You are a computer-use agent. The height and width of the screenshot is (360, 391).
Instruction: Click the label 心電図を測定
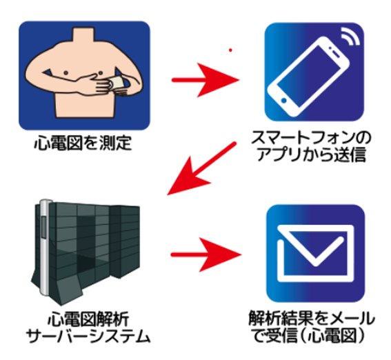tap(83, 143)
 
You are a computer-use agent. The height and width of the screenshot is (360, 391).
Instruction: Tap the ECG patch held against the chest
tap(117, 83)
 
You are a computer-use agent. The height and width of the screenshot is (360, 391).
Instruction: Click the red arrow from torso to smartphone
tap(205, 80)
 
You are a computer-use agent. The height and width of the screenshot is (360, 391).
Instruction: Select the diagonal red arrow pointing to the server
tap(201, 168)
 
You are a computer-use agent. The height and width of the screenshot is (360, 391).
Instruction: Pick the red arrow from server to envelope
tap(206, 254)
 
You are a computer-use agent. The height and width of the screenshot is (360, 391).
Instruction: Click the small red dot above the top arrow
tap(230, 50)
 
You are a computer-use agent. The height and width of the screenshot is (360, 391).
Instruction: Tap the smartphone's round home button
tap(284, 101)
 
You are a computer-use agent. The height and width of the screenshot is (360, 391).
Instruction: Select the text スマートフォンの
tap(312, 138)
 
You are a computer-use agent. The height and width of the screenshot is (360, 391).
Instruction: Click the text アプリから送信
tap(312, 154)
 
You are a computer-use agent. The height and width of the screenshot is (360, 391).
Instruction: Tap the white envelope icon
tap(316, 253)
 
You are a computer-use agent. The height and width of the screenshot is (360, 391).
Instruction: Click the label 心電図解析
tap(88, 319)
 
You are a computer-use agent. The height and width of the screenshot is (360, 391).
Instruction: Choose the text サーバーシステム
tap(88, 337)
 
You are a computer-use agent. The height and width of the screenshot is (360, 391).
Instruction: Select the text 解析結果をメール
tap(312, 319)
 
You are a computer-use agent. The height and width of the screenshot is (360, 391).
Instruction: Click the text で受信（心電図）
tap(309, 336)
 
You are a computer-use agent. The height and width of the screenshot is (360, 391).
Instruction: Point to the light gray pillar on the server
tap(45, 247)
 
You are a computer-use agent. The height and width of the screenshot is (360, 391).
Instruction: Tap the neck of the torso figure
tap(84, 35)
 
